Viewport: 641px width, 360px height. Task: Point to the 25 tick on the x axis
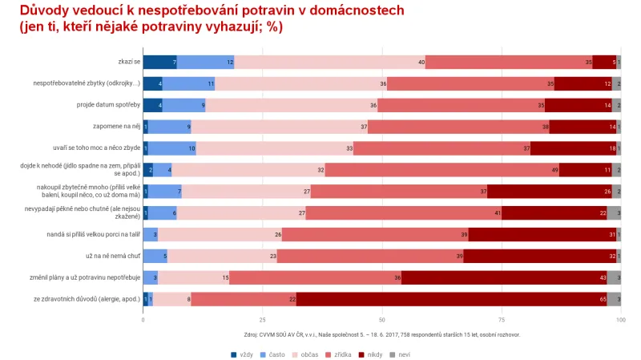pyautogui.click(x=263, y=318)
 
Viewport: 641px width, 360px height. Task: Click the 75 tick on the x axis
pyautogui.click(x=502, y=318)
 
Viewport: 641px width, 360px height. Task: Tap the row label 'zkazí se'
pyautogui.click(x=128, y=62)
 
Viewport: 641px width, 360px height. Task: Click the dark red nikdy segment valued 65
pyautogui.click(x=451, y=299)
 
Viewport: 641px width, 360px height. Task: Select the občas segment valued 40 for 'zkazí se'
pyautogui.click(x=329, y=62)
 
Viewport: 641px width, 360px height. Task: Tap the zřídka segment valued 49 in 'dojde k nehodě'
pyautogui.click(x=441, y=169)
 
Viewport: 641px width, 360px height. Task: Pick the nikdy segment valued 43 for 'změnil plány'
pyautogui.click(x=503, y=277)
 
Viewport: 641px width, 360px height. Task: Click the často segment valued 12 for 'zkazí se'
pyautogui.click(x=205, y=62)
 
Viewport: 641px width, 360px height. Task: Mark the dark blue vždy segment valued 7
pyautogui.click(x=159, y=62)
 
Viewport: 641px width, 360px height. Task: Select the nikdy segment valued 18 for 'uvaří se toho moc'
pyautogui.click(x=573, y=148)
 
